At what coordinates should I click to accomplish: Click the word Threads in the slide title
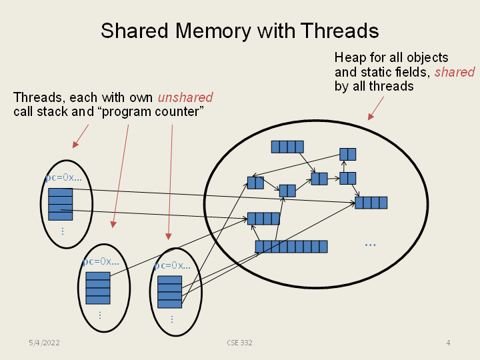339,31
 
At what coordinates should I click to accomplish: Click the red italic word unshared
185,98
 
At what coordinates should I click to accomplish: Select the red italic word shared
455,72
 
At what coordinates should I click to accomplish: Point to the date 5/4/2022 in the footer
44,343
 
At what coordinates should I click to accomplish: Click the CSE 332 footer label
239,343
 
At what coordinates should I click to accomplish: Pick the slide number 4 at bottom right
448,343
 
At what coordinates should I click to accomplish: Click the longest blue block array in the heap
291,247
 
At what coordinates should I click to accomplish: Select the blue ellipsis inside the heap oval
370,245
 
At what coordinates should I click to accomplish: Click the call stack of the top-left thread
61,204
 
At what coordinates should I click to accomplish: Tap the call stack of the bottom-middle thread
98,287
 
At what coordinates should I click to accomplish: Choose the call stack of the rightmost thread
169,291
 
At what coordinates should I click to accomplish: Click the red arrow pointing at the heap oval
377,108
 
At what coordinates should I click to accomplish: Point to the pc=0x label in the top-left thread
64,178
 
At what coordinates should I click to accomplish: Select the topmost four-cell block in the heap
287,147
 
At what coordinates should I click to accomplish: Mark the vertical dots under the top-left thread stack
62,231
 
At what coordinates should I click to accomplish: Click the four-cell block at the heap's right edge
371,203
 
